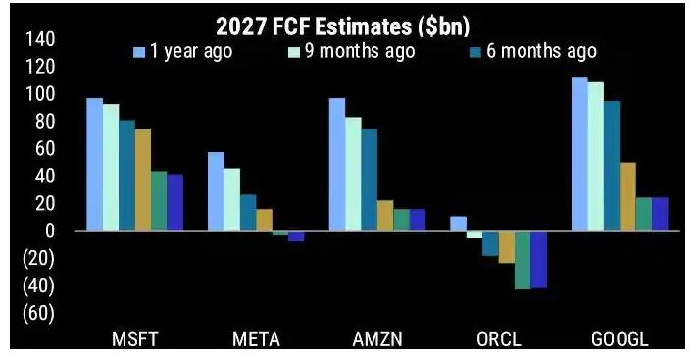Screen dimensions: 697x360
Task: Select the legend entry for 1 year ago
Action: click(x=182, y=52)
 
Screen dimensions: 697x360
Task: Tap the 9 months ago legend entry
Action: click(x=352, y=52)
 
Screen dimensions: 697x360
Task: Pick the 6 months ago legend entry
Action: click(x=533, y=52)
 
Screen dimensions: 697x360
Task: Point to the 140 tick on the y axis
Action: click(x=39, y=40)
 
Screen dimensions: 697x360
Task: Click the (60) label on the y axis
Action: click(x=38, y=313)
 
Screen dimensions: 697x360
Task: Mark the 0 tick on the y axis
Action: click(x=50, y=231)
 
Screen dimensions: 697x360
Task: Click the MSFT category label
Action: click(x=134, y=340)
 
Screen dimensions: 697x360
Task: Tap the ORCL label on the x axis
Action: click(x=499, y=340)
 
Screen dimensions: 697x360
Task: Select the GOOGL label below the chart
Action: click(x=620, y=340)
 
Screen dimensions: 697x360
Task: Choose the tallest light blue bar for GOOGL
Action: click(x=579, y=154)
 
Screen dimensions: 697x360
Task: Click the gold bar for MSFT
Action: click(x=143, y=180)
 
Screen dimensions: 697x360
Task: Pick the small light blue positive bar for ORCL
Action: click(x=459, y=224)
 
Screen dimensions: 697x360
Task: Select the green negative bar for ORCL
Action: click(x=523, y=260)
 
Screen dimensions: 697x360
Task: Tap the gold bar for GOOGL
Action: click(x=627, y=197)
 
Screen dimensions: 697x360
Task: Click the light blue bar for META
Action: click(x=216, y=191)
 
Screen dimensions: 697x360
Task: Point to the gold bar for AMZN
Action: click(x=385, y=216)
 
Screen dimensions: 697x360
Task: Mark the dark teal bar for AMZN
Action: click(x=370, y=180)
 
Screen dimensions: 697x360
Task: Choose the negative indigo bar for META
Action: click(x=296, y=236)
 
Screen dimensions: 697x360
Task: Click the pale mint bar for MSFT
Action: click(x=111, y=168)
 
